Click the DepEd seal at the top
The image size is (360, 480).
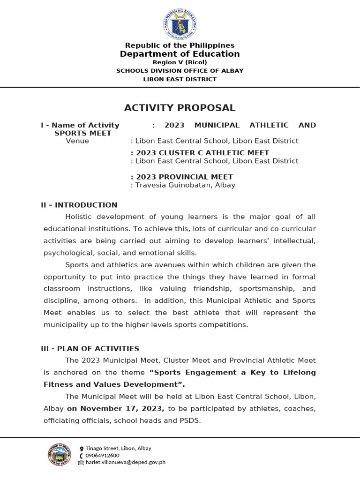click(x=180, y=24)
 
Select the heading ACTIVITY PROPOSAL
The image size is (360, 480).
click(x=180, y=108)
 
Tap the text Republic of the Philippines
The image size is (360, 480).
click(x=180, y=45)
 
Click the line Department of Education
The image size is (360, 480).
click(x=180, y=54)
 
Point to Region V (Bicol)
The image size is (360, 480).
click(x=180, y=62)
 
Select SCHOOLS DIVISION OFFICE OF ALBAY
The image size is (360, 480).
click(x=180, y=71)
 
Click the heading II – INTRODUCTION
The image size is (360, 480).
click(x=79, y=205)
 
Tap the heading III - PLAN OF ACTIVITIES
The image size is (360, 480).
click(x=90, y=348)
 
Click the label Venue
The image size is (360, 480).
click(x=77, y=141)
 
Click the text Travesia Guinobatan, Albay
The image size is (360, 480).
click(x=185, y=185)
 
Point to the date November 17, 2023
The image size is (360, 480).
click(x=116, y=408)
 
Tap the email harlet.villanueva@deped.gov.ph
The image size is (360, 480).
click(x=125, y=462)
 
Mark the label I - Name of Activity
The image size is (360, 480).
click(x=80, y=125)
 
